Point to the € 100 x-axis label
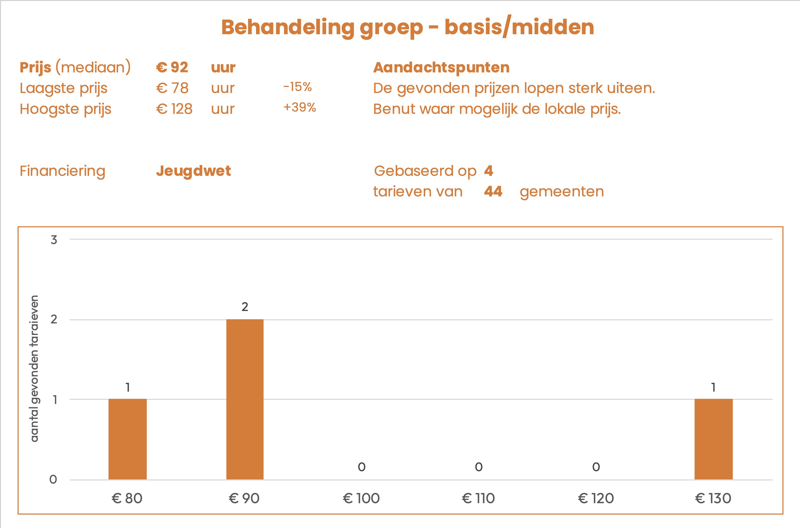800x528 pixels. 361,498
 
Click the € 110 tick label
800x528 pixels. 478,498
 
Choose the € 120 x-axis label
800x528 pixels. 596,498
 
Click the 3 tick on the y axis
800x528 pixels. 54,240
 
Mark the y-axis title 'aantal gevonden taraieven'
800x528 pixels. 34,368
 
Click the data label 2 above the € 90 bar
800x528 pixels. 245,307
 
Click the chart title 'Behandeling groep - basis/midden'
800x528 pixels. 408,27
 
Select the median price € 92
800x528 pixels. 172,67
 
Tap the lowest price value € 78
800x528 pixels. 172,88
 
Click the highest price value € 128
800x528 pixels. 174,109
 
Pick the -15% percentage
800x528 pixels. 297,87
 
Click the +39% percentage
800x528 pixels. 299,107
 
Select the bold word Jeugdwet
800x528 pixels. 193,171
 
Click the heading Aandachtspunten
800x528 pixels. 441,67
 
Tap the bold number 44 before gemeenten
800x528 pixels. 493,192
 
